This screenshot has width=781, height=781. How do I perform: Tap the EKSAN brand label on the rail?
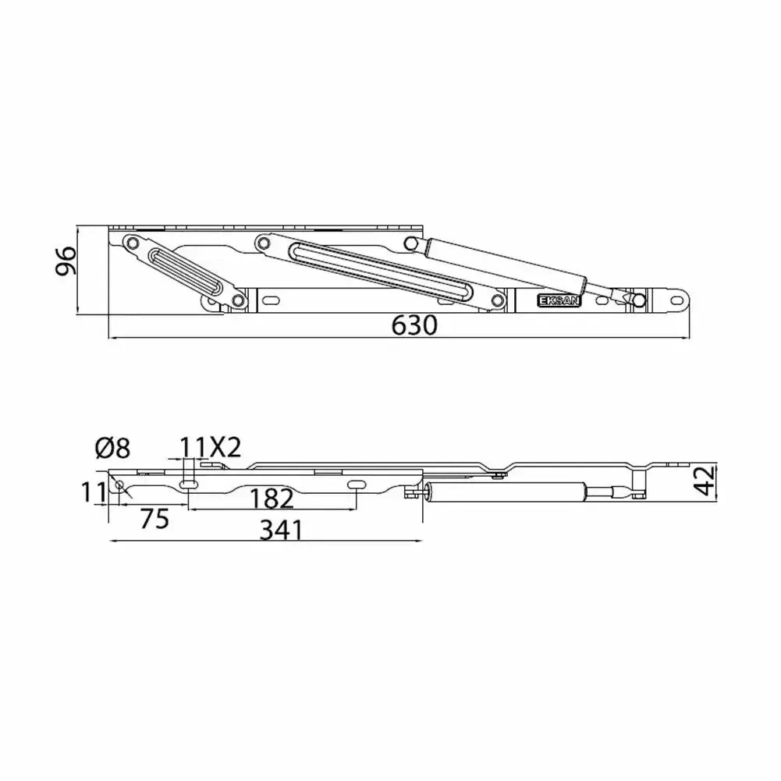click(x=559, y=300)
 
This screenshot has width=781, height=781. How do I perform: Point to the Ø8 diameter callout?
click(x=113, y=449)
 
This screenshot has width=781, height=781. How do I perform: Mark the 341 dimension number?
click(x=281, y=531)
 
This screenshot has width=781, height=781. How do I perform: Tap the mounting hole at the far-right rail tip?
click(x=675, y=299)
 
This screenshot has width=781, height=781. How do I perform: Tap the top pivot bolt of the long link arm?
click(x=263, y=244)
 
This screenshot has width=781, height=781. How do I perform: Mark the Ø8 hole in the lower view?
click(x=119, y=485)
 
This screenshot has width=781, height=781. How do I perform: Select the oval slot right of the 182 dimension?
click(x=355, y=485)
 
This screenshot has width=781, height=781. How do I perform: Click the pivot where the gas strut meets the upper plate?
click(x=412, y=244)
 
